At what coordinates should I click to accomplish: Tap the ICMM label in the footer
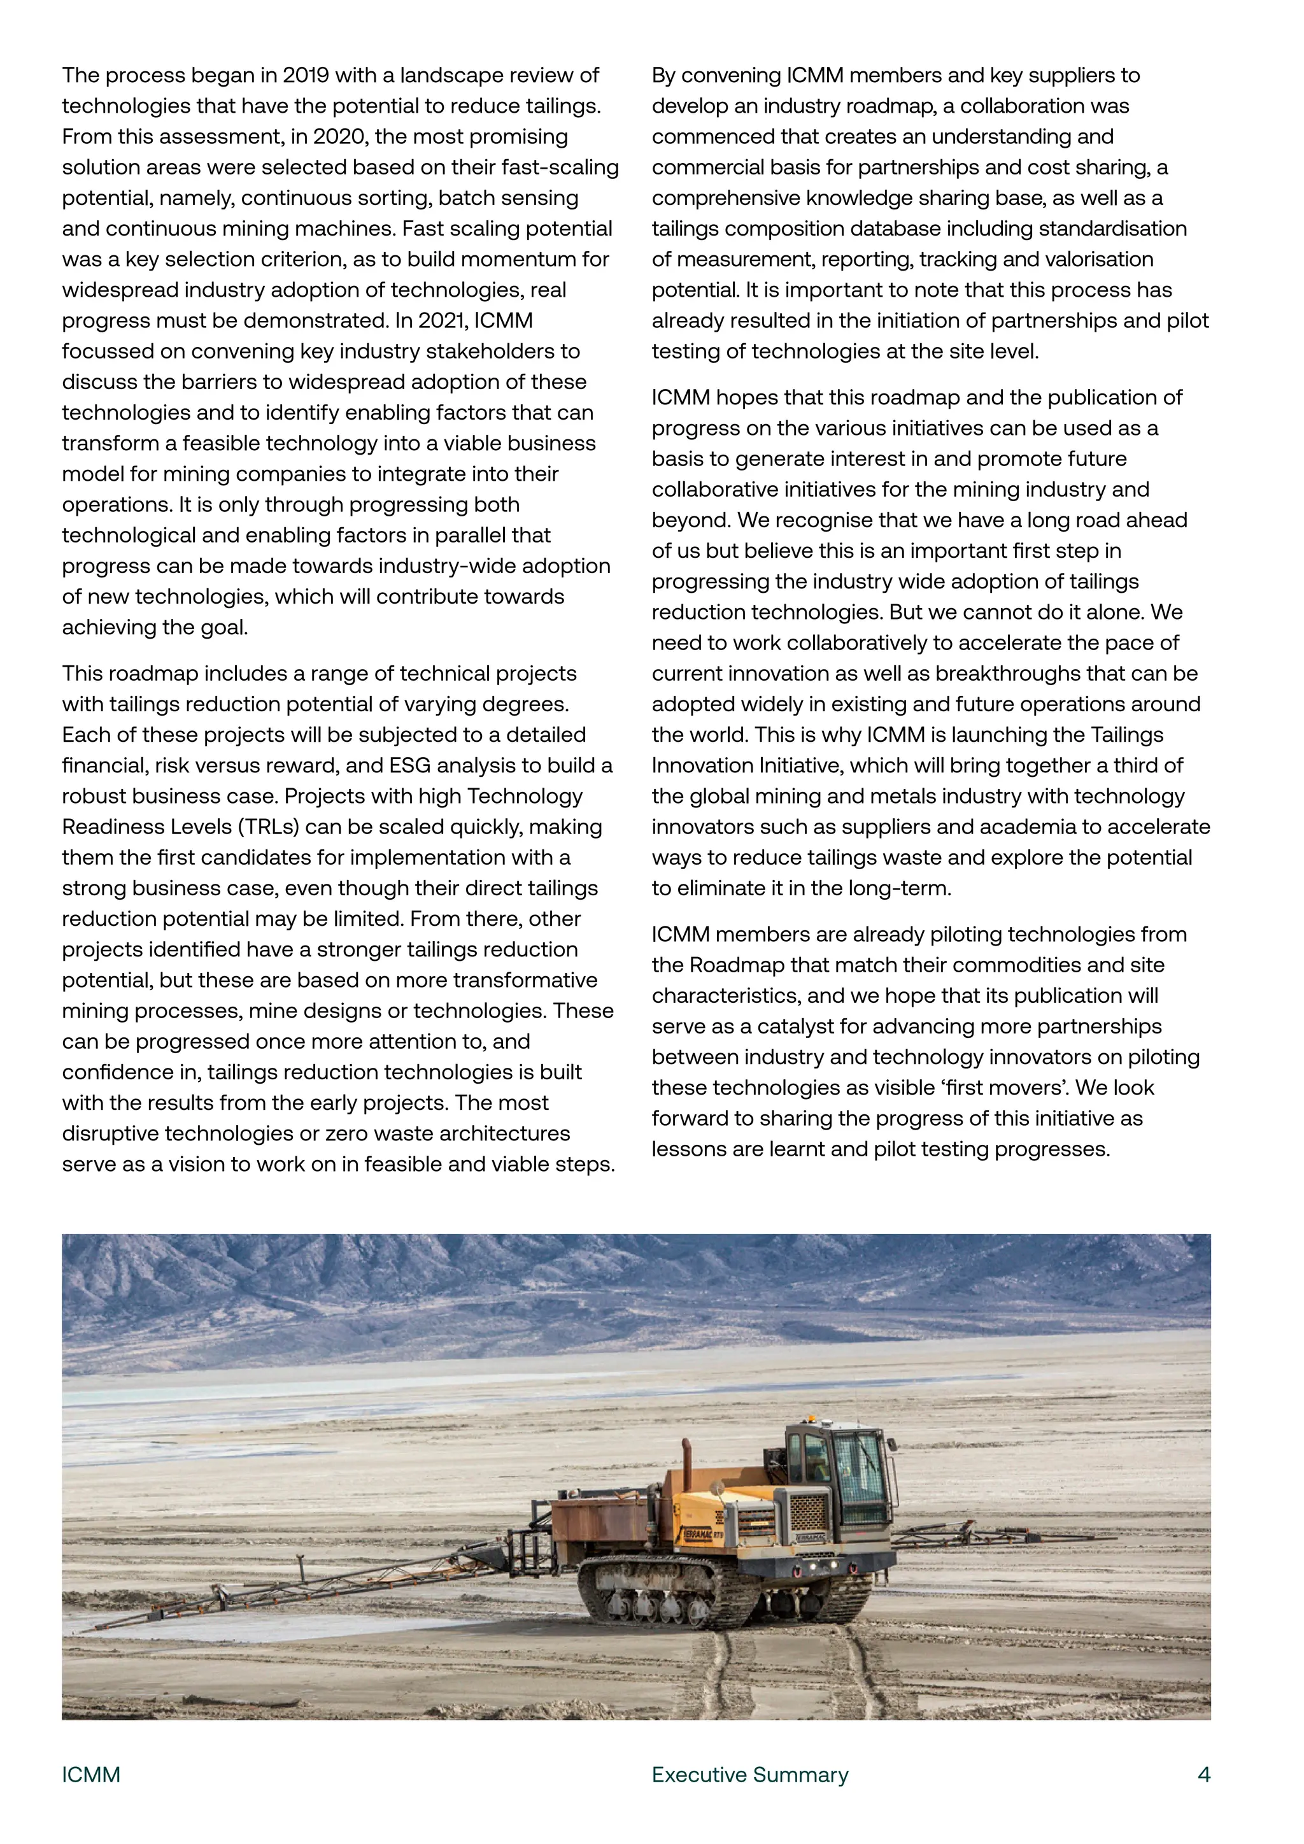[91, 1774]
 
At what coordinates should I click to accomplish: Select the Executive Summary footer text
[749, 1774]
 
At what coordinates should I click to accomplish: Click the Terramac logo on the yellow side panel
[698, 1534]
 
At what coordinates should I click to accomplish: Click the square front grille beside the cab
[808, 1512]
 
